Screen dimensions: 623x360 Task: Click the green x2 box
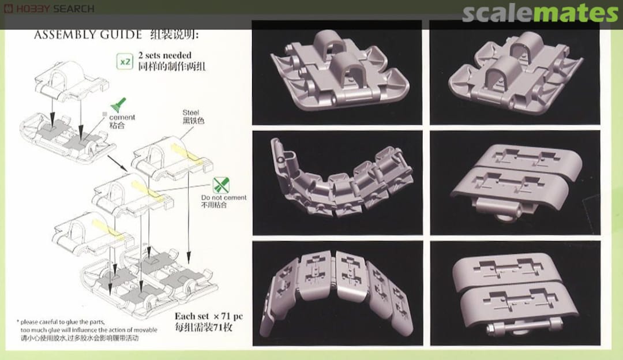click(125, 62)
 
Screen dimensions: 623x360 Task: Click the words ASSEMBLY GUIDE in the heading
click(88, 35)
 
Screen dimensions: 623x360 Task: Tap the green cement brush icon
click(118, 105)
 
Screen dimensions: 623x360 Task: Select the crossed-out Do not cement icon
click(221, 185)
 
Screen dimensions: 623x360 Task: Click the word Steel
click(191, 112)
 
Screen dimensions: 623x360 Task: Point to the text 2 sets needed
click(165, 55)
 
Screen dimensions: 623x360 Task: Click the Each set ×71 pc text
click(209, 316)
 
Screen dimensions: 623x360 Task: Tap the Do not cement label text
click(224, 197)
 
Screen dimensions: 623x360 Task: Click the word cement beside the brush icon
click(122, 117)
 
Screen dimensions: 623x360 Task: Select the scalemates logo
click(540, 13)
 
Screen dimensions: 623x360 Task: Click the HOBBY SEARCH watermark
click(49, 8)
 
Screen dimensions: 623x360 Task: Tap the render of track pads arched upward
click(336, 293)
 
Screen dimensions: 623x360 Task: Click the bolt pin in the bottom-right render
click(524, 328)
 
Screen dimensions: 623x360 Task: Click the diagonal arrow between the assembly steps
click(117, 163)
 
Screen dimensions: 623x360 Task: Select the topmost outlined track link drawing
click(72, 81)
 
